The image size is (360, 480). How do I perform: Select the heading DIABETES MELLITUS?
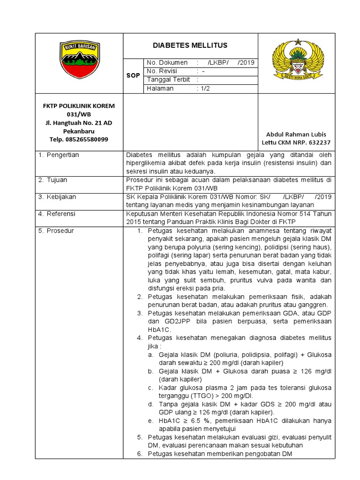pos(190,45)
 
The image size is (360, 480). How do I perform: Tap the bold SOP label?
pos(134,76)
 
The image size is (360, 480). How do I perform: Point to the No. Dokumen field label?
pos(167,63)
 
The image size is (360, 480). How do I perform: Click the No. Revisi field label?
pos(164,71)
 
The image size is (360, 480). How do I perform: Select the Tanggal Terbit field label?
pos(168,80)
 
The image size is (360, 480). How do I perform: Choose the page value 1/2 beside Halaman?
pos(206,88)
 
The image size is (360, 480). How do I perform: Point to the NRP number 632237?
pos(319,142)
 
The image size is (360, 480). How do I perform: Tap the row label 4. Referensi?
pos(57,214)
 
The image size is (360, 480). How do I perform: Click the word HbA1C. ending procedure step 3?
pos(159,330)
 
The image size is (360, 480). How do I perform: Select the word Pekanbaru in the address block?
pos(79,131)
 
